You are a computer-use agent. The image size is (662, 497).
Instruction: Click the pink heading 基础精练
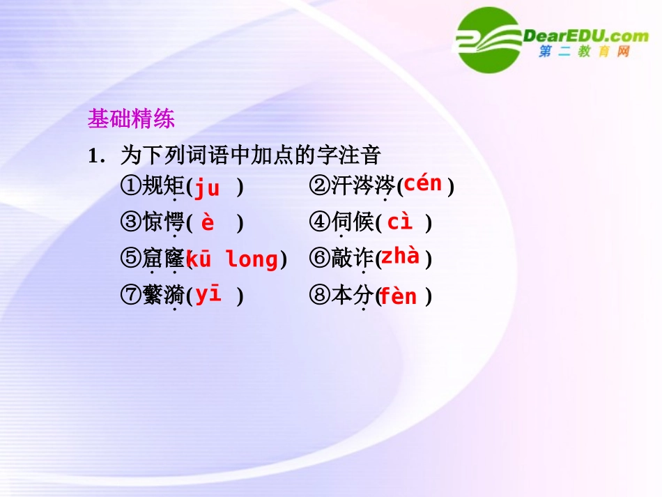pyautogui.click(x=131, y=118)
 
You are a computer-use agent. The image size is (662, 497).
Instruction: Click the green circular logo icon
pyautogui.click(x=489, y=40)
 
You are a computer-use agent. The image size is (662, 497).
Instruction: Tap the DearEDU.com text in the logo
pyautogui.click(x=585, y=36)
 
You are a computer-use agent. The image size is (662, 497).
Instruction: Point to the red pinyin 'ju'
pyautogui.click(x=207, y=188)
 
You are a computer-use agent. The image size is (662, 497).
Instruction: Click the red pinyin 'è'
pyautogui.click(x=208, y=222)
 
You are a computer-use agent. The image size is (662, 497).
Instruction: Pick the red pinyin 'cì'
pyautogui.click(x=399, y=221)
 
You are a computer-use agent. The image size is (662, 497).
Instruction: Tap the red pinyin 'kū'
pyautogui.click(x=199, y=259)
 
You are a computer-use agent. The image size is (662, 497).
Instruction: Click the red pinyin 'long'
pyautogui.click(x=252, y=260)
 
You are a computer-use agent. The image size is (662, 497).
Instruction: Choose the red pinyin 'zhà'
pyautogui.click(x=400, y=256)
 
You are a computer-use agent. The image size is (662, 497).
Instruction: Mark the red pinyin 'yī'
pyautogui.click(x=208, y=294)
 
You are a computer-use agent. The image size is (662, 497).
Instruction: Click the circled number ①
pyautogui.click(x=131, y=185)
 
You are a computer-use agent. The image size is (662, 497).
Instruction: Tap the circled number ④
pyautogui.click(x=320, y=222)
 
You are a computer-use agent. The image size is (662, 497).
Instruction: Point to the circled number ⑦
pyautogui.click(x=131, y=295)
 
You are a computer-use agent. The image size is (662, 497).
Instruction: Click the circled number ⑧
pyautogui.click(x=320, y=295)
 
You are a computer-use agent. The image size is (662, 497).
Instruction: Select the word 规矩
pyautogui.click(x=163, y=185)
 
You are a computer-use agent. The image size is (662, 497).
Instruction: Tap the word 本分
pyautogui.click(x=353, y=295)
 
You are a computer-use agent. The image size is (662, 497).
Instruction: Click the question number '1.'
pyautogui.click(x=96, y=156)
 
